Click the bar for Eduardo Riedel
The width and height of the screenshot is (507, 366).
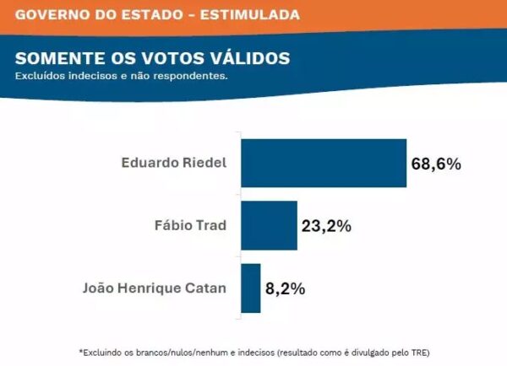coord(324,163)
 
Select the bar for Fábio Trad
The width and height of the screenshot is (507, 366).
coord(269,225)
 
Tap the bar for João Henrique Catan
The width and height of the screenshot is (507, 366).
coord(250,288)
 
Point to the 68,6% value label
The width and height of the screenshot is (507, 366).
coord(436,164)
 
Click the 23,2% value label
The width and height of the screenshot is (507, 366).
coord(326,226)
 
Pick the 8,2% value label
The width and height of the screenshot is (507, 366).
coord(285,288)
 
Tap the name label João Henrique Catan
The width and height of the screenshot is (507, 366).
coord(155,288)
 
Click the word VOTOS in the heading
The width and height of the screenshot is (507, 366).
coord(165,58)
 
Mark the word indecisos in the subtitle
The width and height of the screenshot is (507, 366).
coord(92,76)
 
